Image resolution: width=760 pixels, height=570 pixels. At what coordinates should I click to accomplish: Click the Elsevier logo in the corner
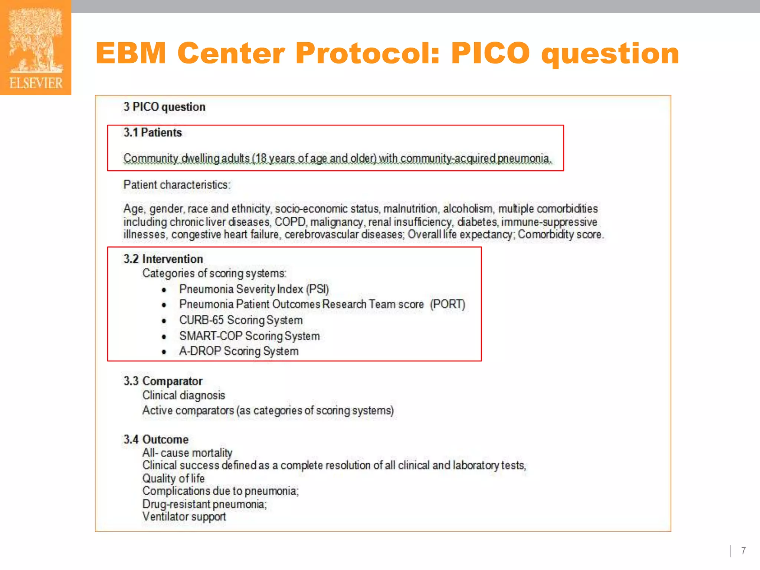coord(36,47)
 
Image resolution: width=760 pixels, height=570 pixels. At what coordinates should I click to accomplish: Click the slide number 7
coord(743,551)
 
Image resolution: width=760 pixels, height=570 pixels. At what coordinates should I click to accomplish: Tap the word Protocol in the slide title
coord(367,53)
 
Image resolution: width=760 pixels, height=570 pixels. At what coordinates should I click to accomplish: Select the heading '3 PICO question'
coord(164,107)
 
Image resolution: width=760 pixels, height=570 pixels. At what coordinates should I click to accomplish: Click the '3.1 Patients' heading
coord(153,132)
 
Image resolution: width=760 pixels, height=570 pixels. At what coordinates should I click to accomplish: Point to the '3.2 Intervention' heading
coord(163,259)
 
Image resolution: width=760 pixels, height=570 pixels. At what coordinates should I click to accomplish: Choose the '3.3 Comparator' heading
coord(163,381)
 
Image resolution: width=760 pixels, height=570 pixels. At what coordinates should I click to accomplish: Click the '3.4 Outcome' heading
coord(156,439)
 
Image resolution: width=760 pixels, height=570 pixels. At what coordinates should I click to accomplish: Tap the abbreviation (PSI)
coord(317,289)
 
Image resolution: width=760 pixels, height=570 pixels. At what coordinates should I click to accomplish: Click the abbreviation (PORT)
coord(448,304)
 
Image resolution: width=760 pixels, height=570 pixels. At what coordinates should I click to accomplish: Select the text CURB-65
coord(202,320)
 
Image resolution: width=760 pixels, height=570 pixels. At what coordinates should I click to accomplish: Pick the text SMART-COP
coord(211,336)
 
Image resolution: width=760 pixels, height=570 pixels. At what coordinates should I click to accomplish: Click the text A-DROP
coord(200,351)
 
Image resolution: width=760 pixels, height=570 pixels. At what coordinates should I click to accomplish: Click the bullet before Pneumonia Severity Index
coord(164,290)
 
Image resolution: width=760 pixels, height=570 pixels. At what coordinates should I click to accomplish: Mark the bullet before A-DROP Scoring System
coord(164,352)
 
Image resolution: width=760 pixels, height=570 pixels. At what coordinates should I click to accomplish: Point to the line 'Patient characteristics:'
coord(177,185)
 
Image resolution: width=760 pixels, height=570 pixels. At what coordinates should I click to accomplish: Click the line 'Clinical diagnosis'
coord(184,396)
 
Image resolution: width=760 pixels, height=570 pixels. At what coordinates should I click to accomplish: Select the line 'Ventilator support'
coord(184,517)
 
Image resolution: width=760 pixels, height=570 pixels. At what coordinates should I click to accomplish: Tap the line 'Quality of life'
coord(173,478)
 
